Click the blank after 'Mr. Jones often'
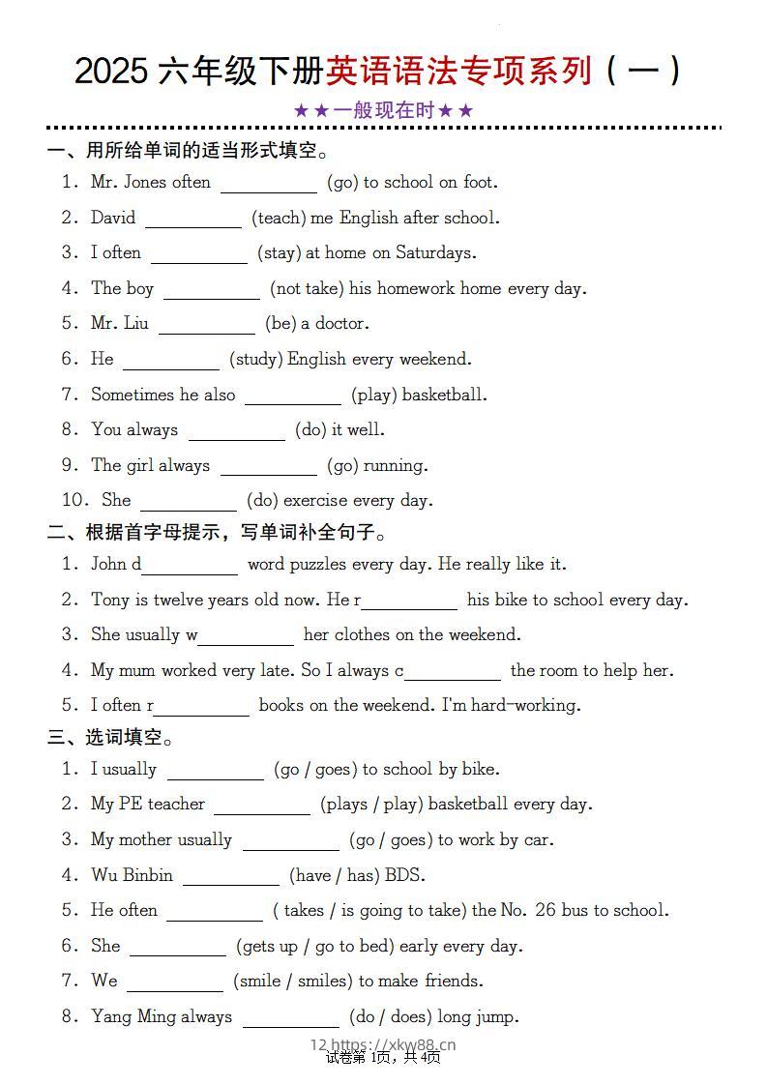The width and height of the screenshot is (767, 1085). tap(268, 184)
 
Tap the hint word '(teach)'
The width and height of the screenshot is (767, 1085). tap(279, 219)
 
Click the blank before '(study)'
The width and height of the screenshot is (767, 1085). tap(170, 361)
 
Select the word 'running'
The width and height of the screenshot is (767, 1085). tap(395, 466)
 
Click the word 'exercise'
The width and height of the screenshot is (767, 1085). tap(324, 501)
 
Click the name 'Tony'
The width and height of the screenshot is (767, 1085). tap(110, 601)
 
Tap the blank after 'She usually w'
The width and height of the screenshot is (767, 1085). tap(247, 637)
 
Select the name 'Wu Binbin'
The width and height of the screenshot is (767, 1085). tap(132, 876)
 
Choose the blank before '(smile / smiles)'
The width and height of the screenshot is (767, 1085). tap(174, 982)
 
